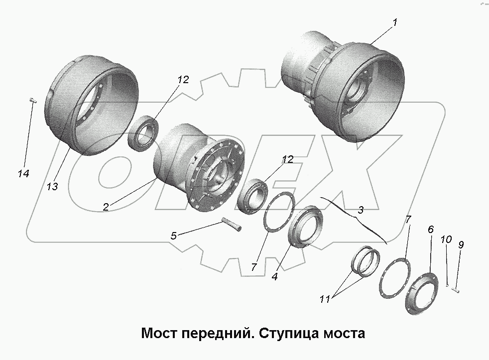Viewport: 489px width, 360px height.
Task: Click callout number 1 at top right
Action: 394,22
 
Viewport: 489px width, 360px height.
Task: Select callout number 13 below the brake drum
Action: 53,186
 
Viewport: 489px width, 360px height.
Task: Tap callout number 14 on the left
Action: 23,173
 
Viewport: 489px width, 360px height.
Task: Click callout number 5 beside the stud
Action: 173,236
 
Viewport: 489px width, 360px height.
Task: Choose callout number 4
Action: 274,276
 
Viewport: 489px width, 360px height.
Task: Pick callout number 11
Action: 325,299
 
